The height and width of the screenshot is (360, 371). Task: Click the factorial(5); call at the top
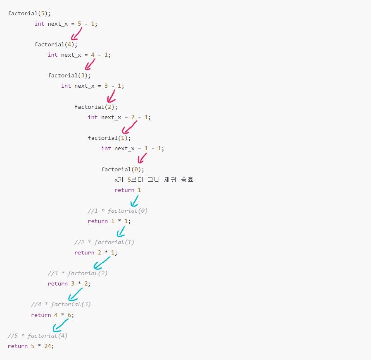coord(29,13)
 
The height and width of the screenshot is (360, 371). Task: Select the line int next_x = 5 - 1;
coord(66,24)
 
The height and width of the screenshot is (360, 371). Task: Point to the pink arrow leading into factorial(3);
coord(90,65)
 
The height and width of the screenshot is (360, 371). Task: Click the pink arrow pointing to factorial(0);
coord(142,158)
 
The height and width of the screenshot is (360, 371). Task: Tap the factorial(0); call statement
coord(123,169)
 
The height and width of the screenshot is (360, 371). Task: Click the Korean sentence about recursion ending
coord(154,180)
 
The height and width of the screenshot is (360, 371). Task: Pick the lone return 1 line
coord(128,190)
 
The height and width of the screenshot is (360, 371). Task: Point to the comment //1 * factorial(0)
coord(118,211)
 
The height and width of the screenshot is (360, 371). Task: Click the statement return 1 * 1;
coord(109,221)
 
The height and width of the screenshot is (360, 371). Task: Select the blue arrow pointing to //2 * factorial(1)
coord(121,231)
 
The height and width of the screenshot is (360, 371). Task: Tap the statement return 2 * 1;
coord(96,252)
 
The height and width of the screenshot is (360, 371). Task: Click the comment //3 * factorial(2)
coord(78,273)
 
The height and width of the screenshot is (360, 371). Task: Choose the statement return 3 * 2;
coord(69,283)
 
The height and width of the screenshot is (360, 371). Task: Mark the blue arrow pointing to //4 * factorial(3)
coord(75,294)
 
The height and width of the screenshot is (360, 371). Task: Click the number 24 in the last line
coord(48,346)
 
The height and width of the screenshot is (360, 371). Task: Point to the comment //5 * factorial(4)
coord(38,336)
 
